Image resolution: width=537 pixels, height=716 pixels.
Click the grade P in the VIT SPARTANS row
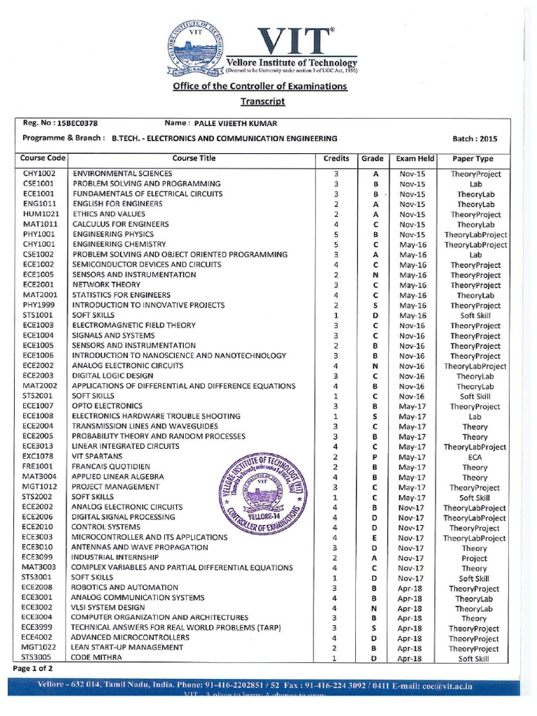pyautogui.click(x=375, y=456)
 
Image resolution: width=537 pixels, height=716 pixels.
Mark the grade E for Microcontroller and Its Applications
pyautogui.click(x=375, y=538)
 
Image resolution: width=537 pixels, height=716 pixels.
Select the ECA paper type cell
pyautogui.click(x=475, y=456)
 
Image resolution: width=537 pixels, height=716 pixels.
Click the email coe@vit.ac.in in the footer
pyautogui.click(x=444, y=687)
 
